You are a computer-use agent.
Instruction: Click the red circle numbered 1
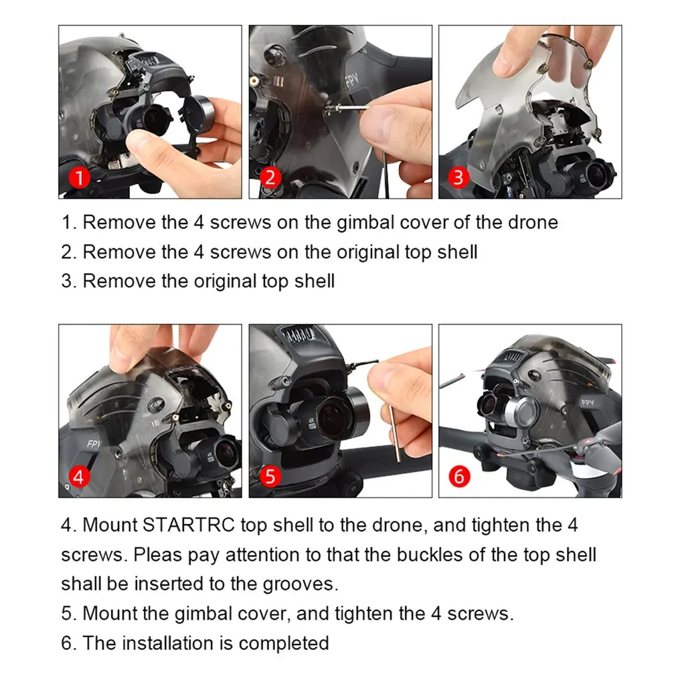point(80,177)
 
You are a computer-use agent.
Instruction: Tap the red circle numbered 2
point(270,177)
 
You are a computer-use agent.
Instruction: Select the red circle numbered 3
point(458,177)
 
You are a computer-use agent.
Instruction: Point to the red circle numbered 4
point(80,477)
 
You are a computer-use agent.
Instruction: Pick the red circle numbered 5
point(270,477)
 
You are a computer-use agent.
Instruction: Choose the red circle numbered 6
point(459,477)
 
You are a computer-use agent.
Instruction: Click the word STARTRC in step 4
point(188,525)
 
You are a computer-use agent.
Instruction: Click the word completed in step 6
point(284,643)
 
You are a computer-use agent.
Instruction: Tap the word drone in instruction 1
point(533,223)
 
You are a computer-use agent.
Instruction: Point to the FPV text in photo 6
point(588,403)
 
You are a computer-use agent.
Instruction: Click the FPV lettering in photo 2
point(352,78)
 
